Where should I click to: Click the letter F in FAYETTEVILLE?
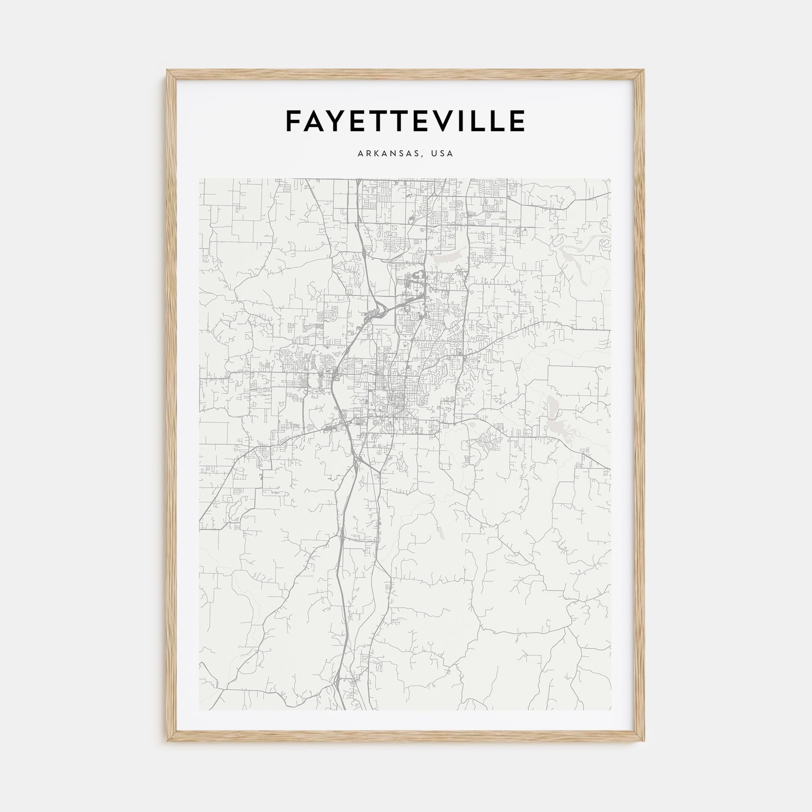(294, 121)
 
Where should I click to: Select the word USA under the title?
(443, 154)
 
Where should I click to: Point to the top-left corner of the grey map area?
(200, 179)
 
